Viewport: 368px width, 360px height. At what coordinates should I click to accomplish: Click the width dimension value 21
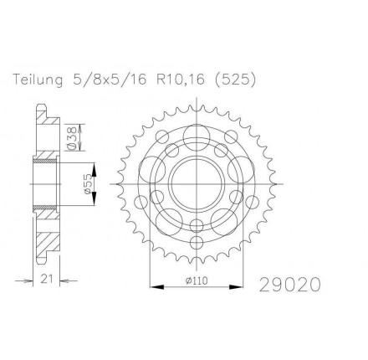[x=47, y=279]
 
